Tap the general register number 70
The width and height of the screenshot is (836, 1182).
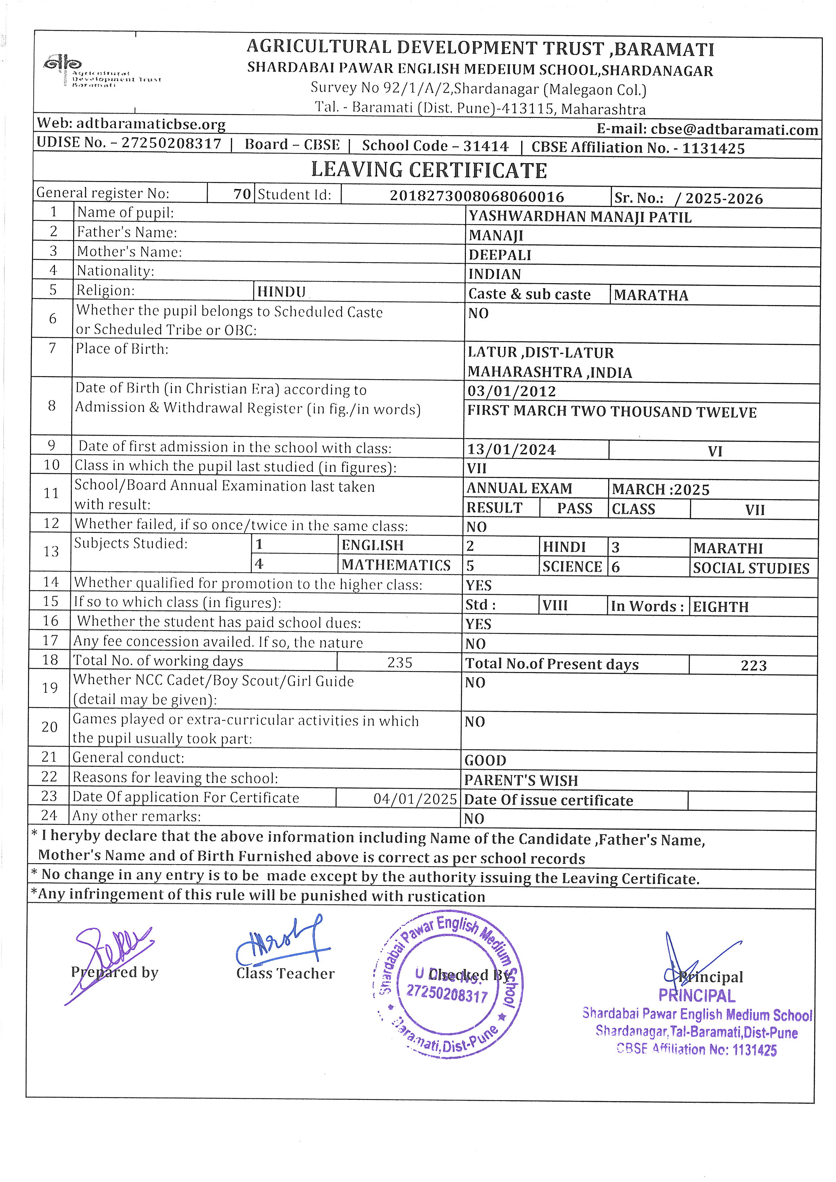click(x=242, y=194)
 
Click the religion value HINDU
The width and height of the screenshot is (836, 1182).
click(x=281, y=292)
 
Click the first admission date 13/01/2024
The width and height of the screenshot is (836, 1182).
click(x=511, y=449)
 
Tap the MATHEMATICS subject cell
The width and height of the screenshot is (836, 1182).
click(x=396, y=565)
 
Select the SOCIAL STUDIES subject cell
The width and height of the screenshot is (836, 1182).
click(x=751, y=568)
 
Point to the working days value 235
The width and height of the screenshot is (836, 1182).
click(x=399, y=663)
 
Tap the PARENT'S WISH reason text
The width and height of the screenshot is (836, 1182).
click(x=521, y=781)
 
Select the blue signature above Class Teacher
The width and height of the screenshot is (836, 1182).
click(x=280, y=942)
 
